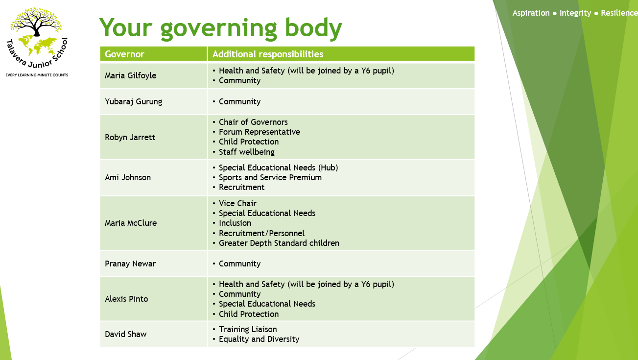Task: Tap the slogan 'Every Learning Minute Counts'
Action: point(37,75)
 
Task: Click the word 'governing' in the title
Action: point(218,29)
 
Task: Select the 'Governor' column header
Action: point(124,54)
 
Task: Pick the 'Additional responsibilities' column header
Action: point(268,54)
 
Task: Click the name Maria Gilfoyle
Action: point(130,76)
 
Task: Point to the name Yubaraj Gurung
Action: point(133,102)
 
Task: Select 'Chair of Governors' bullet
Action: point(253,122)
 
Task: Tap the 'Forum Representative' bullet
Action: point(259,132)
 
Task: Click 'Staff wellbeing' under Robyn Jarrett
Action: point(247,152)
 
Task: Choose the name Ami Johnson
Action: point(128,177)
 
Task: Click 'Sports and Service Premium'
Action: point(270,177)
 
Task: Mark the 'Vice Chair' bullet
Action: point(237,203)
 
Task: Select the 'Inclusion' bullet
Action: point(235,223)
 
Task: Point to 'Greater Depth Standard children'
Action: point(279,243)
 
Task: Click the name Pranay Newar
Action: point(130,264)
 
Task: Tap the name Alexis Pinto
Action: point(126,299)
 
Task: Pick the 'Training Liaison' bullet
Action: point(248,330)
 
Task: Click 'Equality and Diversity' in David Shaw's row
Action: point(259,339)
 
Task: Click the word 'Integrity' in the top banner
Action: point(575,13)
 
